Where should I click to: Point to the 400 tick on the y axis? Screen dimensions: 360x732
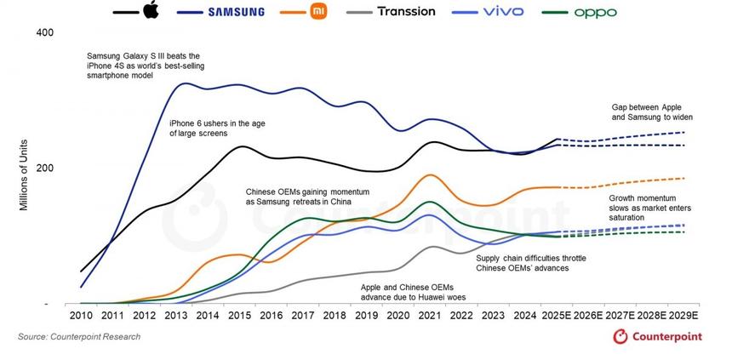click(x=44, y=32)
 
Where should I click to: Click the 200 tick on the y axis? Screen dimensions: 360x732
click(x=44, y=168)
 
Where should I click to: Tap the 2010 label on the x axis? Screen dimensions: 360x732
click(x=81, y=316)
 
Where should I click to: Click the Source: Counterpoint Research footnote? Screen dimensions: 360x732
click(x=79, y=337)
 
